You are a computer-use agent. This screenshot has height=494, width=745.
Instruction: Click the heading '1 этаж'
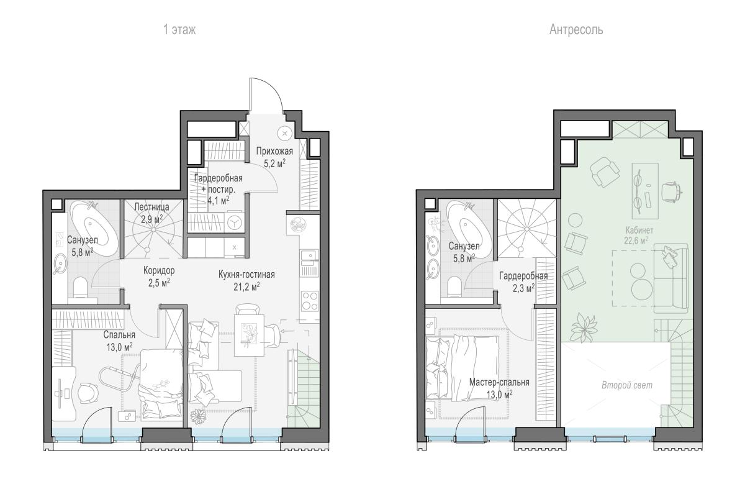click(179, 30)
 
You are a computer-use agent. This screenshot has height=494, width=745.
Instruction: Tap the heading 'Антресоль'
click(576, 30)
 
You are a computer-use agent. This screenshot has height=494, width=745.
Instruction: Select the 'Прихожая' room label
click(274, 152)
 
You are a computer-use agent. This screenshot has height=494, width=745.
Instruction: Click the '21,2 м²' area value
click(246, 286)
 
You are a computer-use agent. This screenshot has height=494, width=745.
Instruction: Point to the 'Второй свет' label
click(627, 385)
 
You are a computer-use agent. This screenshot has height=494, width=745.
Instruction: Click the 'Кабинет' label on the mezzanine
click(639, 230)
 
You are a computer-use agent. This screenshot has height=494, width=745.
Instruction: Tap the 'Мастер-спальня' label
click(499, 382)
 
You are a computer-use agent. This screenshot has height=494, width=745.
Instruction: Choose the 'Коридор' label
click(159, 271)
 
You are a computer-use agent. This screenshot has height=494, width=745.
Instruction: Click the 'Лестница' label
click(151, 207)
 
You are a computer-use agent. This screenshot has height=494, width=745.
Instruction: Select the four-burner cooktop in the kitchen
click(310, 301)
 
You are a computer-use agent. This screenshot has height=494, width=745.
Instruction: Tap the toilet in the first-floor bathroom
click(80, 288)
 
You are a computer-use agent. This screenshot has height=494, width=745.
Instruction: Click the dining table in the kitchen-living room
click(249, 335)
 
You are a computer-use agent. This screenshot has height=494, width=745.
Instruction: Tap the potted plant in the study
click(584, 327)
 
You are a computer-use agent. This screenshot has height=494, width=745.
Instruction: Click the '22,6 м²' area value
click(636, 240)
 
